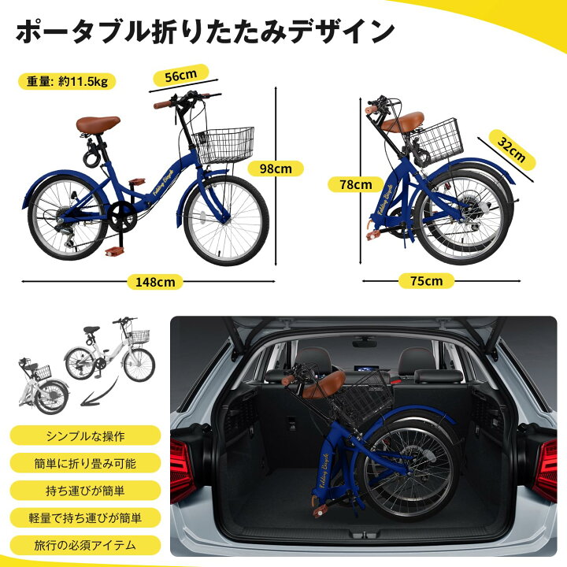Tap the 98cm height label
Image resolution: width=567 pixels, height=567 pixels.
point(275,169)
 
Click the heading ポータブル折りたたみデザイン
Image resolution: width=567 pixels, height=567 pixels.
point(205,31)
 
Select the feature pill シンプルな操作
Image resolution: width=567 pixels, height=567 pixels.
point(86,435)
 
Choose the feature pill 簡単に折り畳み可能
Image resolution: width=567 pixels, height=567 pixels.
point(86,463)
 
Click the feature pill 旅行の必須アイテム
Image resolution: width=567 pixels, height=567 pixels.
point(86,545)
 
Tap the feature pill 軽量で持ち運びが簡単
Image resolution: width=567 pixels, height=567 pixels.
point(86,517)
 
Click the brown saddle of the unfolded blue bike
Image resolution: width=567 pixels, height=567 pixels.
point(98,124)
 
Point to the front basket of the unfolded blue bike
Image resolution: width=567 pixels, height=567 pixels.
point(224,145)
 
